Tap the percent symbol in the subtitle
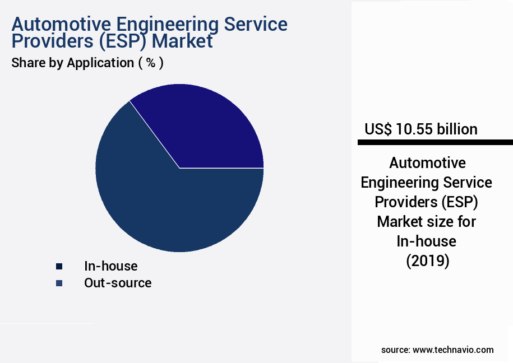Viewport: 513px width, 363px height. (x=150, y=63)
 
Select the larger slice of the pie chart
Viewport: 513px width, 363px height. (x=163, y=207)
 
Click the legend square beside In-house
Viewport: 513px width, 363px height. (x=59, y=267)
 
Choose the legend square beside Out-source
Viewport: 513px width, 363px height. (x=59, y=283)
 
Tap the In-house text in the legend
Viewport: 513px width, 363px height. (x=110, y=266)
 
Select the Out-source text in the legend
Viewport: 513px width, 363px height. (x=118, y=283)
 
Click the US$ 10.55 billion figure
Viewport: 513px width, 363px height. (x=420, y=129)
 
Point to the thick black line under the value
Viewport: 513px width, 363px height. (x=435, y=143)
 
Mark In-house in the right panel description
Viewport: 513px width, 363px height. (x=426, y=241)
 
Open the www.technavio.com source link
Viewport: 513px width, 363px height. (x=453, y=350)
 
